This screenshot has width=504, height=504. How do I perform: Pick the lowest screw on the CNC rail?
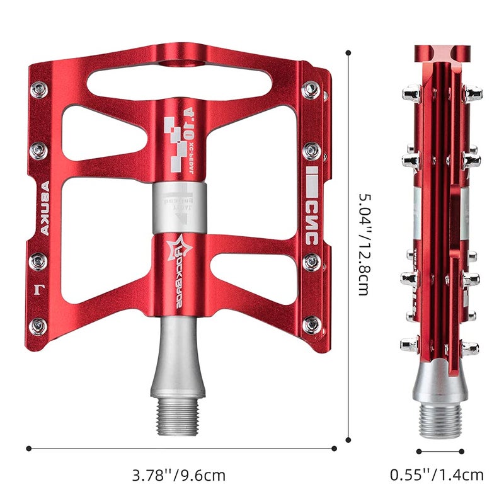311,325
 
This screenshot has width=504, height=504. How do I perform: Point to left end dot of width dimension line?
28,449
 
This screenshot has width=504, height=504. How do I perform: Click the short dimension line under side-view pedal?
440,450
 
